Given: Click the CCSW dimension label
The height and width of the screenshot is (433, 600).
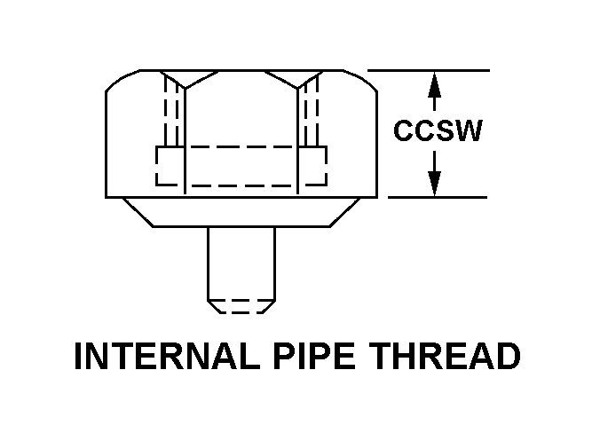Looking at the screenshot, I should coord(438,132).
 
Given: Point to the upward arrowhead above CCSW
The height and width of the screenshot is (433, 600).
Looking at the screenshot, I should coord(434,85).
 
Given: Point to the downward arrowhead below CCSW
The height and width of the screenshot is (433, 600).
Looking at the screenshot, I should coord(434,183).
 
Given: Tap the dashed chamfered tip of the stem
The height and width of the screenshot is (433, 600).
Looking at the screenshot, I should coord(241,306).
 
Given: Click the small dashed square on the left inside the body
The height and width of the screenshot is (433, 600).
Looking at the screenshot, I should coord(169,165).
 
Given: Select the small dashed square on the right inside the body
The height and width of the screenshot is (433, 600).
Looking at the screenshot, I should coord(312,165).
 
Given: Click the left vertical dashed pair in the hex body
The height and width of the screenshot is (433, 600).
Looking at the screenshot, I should coord(171,111).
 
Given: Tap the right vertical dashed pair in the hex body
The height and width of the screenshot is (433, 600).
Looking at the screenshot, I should coord(311,111).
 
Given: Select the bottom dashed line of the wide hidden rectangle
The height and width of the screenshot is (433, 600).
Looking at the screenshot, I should coord(241,185).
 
